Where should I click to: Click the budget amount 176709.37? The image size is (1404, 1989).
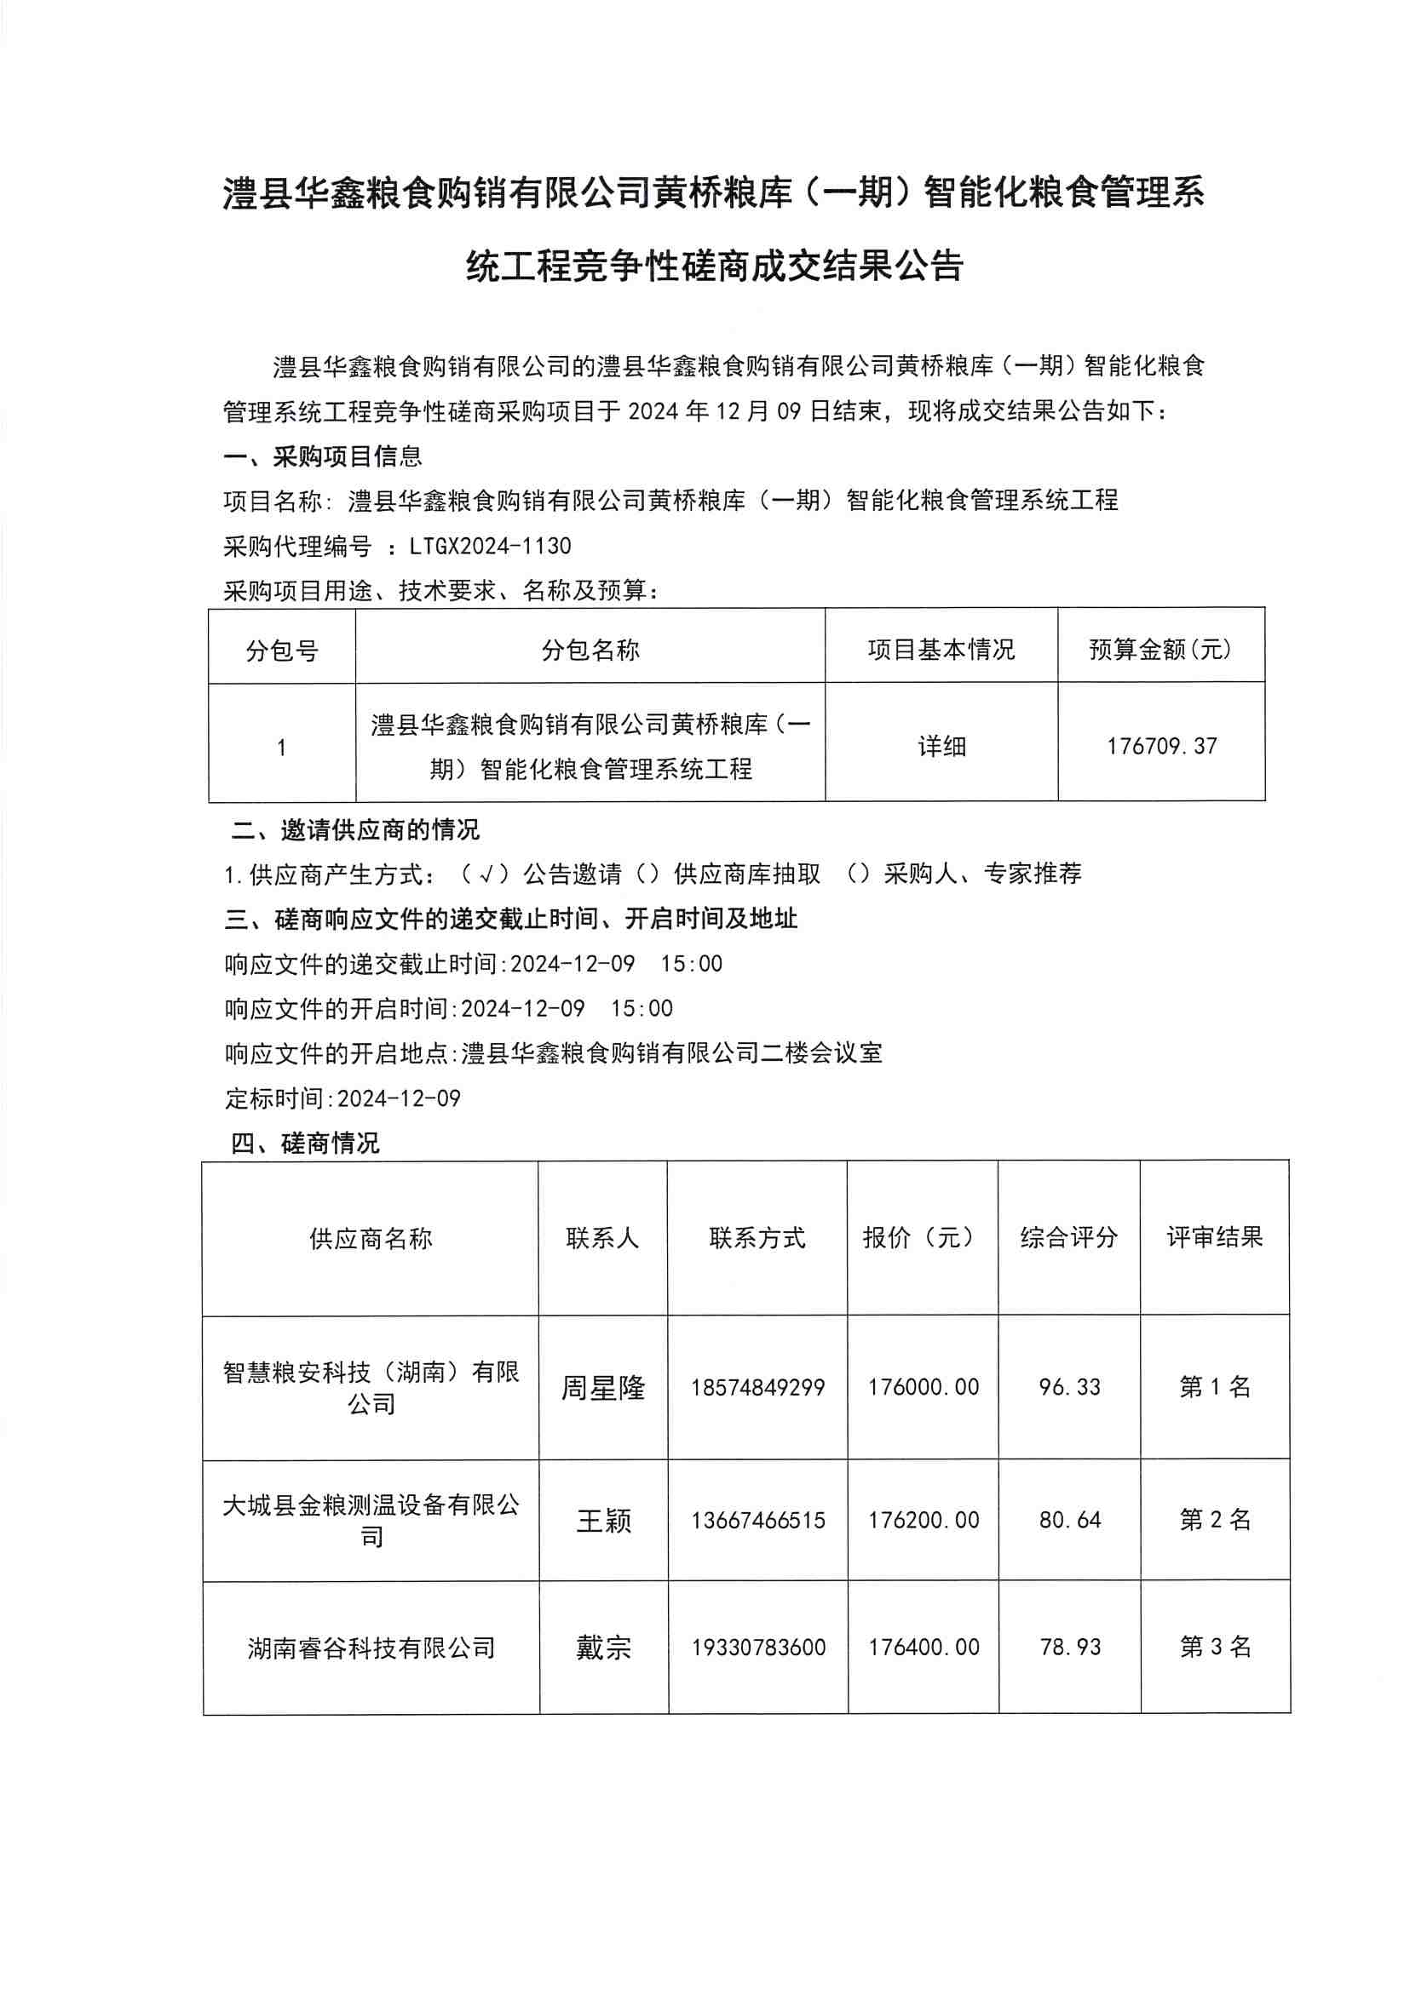1161,746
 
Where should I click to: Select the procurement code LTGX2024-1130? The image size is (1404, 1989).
491,547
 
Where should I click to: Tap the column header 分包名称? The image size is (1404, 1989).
590,650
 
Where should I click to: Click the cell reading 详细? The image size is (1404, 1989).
941,746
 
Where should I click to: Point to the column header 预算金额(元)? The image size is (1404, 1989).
1160,649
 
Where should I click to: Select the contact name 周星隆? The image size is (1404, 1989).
602,1388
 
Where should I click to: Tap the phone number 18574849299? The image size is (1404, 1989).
757,1388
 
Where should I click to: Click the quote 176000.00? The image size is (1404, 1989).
923,1387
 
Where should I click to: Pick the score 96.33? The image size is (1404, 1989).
1069,1387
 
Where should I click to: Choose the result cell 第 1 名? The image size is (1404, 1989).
1215,1387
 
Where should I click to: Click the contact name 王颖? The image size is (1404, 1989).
603,1521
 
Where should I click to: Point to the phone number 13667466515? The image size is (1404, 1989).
757,1521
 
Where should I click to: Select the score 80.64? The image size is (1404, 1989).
1069,1520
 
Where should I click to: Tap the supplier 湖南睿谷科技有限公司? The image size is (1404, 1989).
371,1648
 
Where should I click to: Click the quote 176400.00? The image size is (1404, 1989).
924,1647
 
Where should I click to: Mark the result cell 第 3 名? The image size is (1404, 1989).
1215,1647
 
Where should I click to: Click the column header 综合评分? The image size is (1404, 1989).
1068,1237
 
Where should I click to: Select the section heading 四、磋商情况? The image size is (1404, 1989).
305,1144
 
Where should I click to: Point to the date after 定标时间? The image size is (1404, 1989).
399,1098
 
